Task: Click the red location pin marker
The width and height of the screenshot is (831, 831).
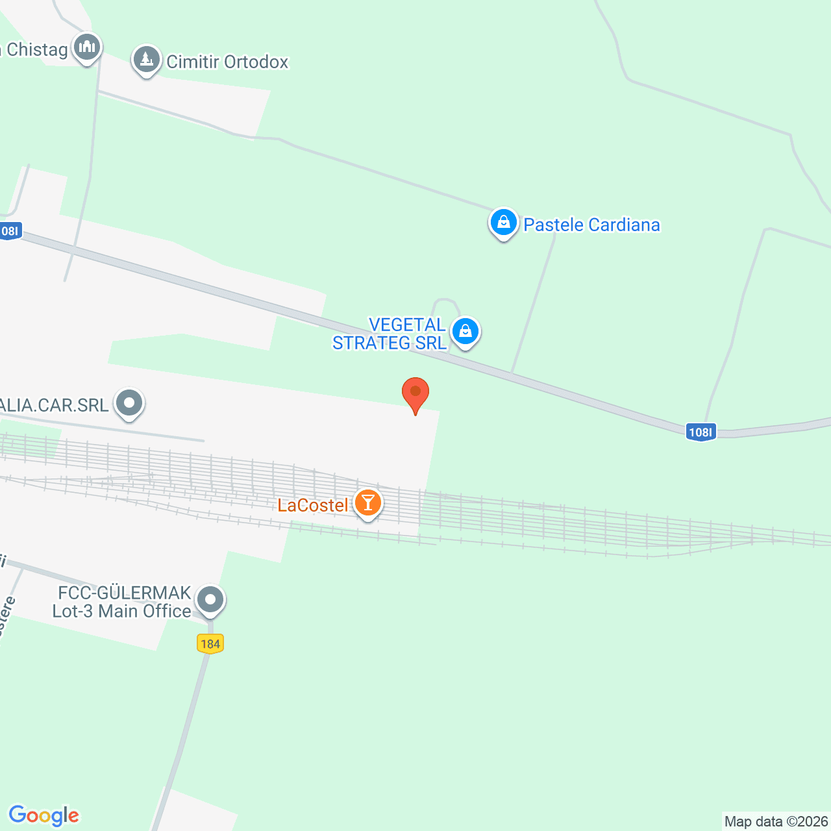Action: point(415,393)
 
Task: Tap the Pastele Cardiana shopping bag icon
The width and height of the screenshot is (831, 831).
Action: point(503,223)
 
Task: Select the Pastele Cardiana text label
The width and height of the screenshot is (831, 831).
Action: point(591,225)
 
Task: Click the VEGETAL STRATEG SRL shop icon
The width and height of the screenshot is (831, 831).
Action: point(465,332)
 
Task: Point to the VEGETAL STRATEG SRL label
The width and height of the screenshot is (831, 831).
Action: point(390,334)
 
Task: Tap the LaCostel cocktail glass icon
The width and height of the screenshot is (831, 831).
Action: point(368,503)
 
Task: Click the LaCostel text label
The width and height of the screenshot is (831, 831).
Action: point(313,505)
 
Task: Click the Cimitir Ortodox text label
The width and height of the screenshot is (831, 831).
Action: point(227,62)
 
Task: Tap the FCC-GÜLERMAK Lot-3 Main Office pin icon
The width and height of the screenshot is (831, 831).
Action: point(210,600)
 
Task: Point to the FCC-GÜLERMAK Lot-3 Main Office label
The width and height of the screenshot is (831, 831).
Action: point(122,602)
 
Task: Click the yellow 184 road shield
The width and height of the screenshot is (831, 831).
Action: point(210,643)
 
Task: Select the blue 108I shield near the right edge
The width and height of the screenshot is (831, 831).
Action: point(701,432)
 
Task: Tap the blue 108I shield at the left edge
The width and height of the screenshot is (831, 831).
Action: point(10,230)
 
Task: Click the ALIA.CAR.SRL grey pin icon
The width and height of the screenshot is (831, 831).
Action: point(129,403)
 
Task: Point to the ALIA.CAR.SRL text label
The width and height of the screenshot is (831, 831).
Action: point(55,405)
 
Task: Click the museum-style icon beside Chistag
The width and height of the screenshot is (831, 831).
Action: point(86,47)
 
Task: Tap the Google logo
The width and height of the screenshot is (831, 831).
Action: point(44,815)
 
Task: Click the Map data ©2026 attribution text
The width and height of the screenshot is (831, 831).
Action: point(776,821)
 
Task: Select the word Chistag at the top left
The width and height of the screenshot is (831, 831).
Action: point(37,49)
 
